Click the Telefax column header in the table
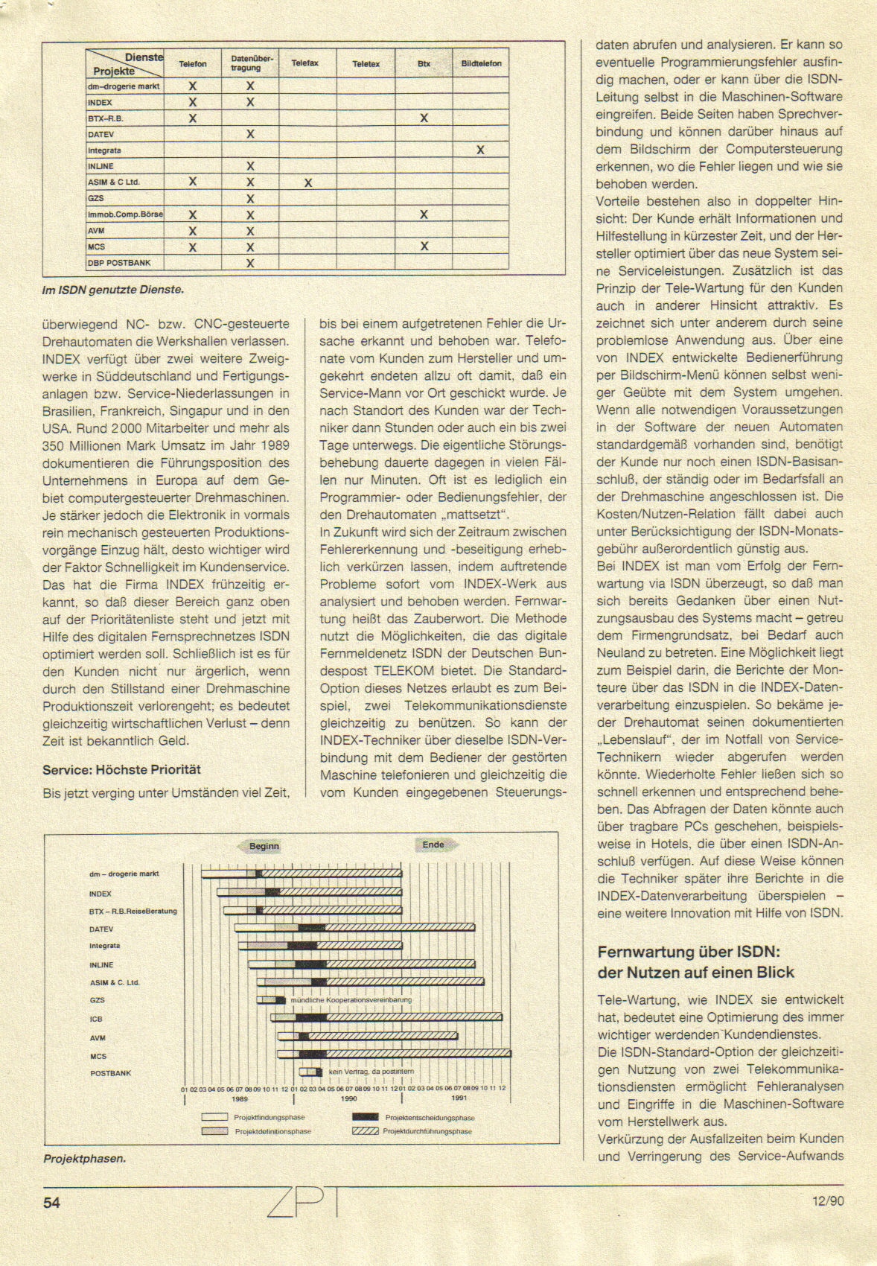point(305,64)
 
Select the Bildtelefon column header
point(481,64)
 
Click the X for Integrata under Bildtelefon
point(480,150)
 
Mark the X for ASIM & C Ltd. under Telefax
point(307,182)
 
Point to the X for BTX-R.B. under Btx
point(424,118)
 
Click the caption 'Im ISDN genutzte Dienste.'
point(112,290)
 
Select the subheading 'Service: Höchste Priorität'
point(121,770)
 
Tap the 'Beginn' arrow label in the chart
point(264,846)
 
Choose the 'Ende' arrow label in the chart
point(433,844)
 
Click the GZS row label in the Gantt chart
point(98,1001)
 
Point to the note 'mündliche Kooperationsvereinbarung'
point(351,1000)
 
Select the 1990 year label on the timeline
point(348,1098)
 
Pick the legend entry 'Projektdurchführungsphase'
point(427,1131)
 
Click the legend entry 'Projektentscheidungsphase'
point(430,1118)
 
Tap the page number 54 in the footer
point(51,1202)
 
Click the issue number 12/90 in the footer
point(828,1200)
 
